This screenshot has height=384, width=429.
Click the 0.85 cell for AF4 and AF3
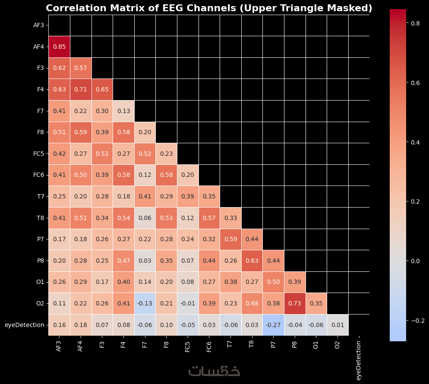[x=60, y=47]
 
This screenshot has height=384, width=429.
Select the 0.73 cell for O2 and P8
[x=295, y=303]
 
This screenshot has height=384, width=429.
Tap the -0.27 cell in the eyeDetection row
[x=273, y=325]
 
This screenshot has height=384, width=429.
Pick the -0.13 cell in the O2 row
[x=145, y=303]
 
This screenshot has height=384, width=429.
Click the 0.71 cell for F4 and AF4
[x=81, y=89]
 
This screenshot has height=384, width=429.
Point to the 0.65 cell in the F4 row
[x=102, y=89]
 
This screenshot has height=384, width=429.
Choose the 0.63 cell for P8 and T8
[x=252, y=261]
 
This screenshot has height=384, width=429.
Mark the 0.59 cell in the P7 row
[x=230, y=239]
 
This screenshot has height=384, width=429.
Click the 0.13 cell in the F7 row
[x=124, y=111]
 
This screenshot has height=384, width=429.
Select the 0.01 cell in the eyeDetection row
[x=338, y=325]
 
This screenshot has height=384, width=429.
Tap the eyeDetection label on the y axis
[x=25, y=325]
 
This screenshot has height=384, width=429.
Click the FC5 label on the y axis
[x=38, y=154]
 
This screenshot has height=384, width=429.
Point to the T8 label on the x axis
[x=251, y=344]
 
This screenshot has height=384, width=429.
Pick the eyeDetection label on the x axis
[x=358, y=360]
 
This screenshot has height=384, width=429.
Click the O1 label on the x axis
[x=315, y=345]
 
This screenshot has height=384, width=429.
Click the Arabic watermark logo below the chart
[x=214, y=371]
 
